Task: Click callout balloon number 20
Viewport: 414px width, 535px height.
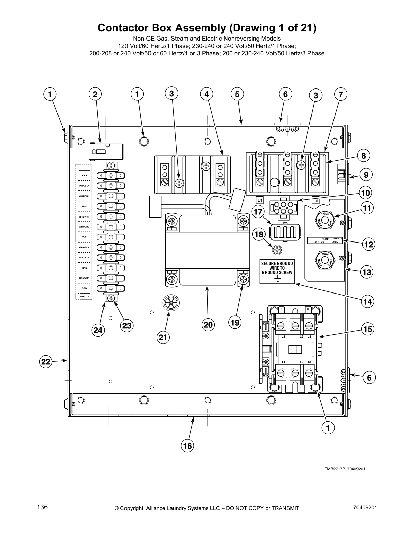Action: pyautogui.click(x=208, y=325)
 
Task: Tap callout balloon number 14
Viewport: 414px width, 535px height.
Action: pyautogui.click(x=368, y=301)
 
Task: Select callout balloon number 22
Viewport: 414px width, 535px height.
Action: pyautogui.click(x=46, y=362)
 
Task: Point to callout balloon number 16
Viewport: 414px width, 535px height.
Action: pyautogui.click(x=187, y=446)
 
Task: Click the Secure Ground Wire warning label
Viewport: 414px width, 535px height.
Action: pyautogui.click(x=277, y=272)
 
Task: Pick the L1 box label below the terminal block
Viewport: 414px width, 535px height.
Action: pyautogui.click(x=259, y=200)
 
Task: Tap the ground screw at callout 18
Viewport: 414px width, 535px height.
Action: pyautogui.click(x=277, y=250)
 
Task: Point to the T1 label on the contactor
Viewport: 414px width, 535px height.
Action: pyautogui.click(x=283, y=362)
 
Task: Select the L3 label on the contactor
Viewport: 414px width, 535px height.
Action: pyautogui.click(x=309, y=337)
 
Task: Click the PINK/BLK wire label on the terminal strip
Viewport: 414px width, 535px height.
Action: pyautogui.click(x=84, y=186)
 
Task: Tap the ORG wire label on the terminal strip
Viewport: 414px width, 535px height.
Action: pyautogui.click(x=84, y=288)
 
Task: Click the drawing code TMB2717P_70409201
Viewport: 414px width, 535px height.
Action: pyautogui.click(x=345, y=469)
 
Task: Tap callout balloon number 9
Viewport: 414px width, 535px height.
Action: pyautogui.click(x=366, y=175)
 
